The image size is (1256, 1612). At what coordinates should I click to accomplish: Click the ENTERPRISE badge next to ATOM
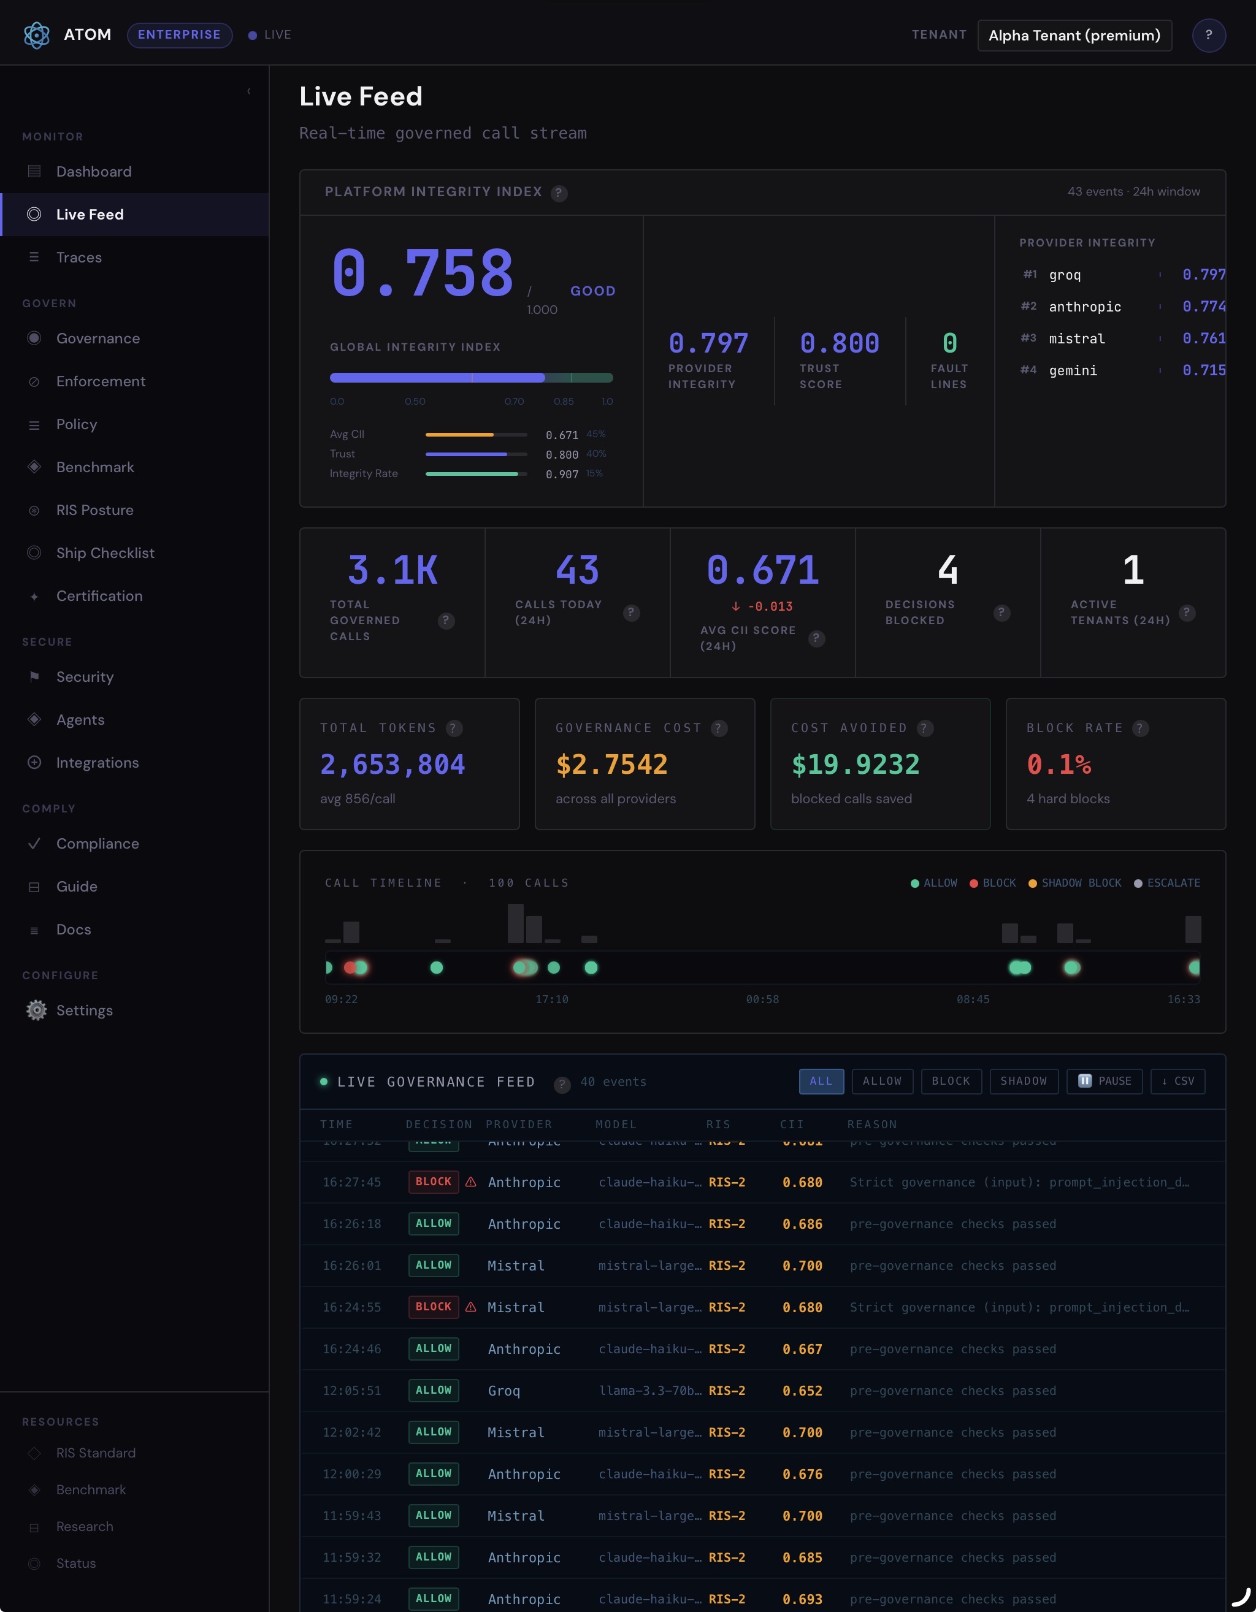(180, 35)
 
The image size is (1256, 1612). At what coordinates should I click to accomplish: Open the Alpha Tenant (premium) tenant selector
(1074, 36)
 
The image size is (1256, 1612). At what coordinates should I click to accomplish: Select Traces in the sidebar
(79, 258)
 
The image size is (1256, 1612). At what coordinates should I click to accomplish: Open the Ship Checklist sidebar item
(105, 553)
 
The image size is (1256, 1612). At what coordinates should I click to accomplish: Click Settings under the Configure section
(84, 1010)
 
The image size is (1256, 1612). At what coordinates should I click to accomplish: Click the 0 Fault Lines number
(949, 343)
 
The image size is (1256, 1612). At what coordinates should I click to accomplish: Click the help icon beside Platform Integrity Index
(559, 193)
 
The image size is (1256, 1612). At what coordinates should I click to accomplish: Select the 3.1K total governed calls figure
(392, 571)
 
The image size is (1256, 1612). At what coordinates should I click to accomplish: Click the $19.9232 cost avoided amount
(855, 765)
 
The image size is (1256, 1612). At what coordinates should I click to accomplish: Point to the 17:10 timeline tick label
(551, 999)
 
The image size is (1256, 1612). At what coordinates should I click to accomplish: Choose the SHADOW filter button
(1024, 1082)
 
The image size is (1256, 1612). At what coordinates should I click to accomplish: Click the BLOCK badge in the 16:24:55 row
(434, 1307)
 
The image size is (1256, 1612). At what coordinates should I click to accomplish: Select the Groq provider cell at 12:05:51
(504, 1391)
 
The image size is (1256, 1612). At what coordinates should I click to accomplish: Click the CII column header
(792, 1124)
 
